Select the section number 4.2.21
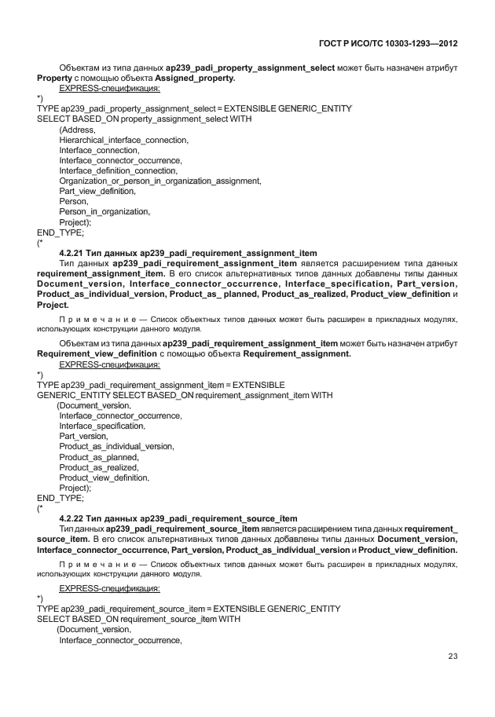74,253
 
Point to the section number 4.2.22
74,518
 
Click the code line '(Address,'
77,129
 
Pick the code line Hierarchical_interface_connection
123,139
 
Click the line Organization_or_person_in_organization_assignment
159,180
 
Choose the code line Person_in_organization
104,210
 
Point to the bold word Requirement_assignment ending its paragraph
297,353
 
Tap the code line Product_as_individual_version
116,446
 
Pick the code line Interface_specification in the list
102,426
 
